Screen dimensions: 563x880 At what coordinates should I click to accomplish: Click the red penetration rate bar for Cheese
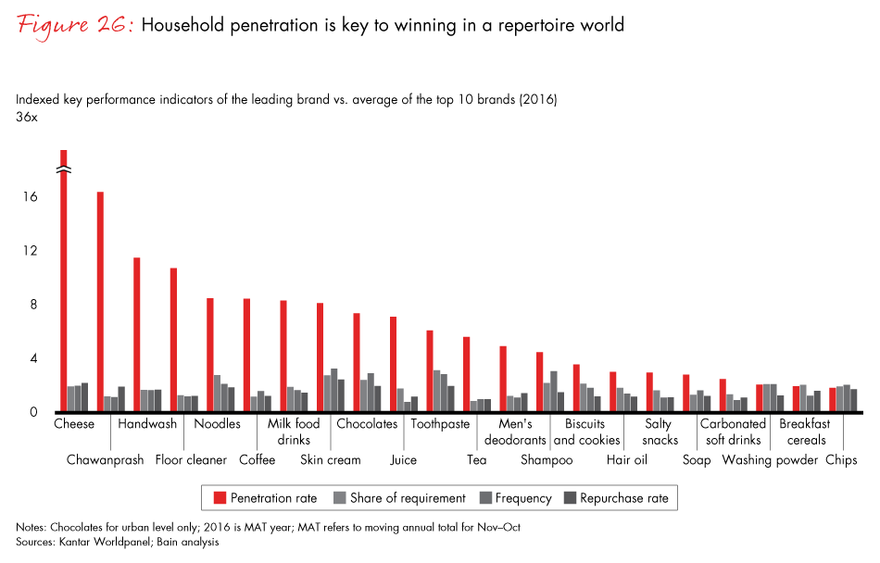pyautogui.click(x=64, y=287)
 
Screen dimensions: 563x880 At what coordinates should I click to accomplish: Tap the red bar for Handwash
pyautogui.click(x=137, y=334)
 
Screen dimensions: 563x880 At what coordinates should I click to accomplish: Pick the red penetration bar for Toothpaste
pyautogui.click(x=430, y=370)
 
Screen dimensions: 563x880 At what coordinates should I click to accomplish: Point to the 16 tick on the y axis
pyautogui.click(x=31, y=197)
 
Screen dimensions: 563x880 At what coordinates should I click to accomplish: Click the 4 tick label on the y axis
pyautogui.click(x=33, y=358)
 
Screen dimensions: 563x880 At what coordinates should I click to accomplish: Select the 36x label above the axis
pyautogui.click(x=26, y=117)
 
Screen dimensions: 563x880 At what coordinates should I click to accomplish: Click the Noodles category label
pyautogui.click(x=217, y=424)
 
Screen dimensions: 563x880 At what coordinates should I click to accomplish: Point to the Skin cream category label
pyautogui.click(x=331, y=459)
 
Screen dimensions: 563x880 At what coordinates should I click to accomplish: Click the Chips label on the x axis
pyautogui.click(x=842, y=459)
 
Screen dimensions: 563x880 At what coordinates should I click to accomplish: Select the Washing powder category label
pyautogui.click(x=770, y=459)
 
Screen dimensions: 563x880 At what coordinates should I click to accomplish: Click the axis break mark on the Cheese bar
pyautogui.click(x=64, y=170)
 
